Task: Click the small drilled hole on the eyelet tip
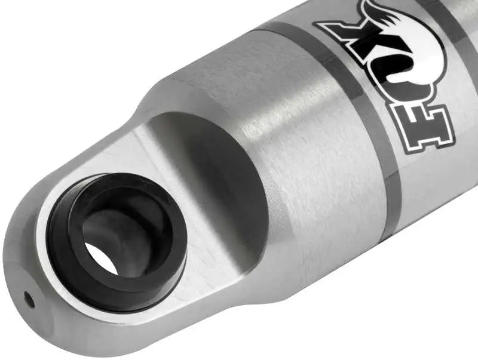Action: click(27, 299)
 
